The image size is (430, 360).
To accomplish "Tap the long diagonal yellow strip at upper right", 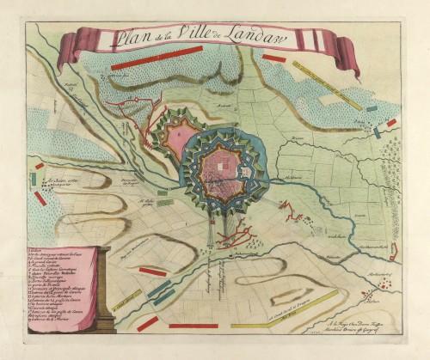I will [x=326, y=85].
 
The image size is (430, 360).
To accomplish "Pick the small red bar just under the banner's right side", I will [x=273, y=58].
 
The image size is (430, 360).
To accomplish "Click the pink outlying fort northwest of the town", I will [x=181, y=138].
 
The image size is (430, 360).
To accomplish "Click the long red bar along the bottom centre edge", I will [x=193, y=326].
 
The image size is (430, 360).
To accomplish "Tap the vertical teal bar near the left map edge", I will [x=33, y=180].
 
